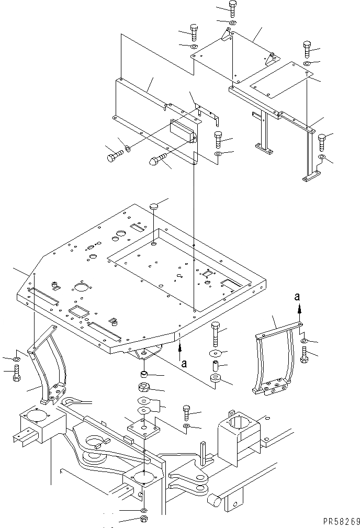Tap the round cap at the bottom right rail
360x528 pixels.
click(x=215, y=501)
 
